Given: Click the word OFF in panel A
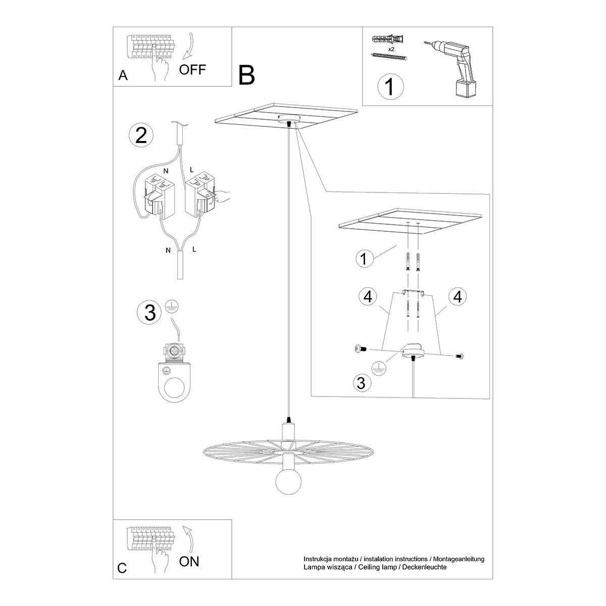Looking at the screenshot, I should tap(192, 69).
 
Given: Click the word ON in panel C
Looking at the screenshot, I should tap(189, 561).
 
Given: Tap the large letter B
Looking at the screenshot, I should tap(247, 75).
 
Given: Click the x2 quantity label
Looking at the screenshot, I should tap(391, 49).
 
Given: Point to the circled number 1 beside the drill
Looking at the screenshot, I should tap(391, 86).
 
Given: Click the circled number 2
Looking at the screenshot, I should tap(141, 135).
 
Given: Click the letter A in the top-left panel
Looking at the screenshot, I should tap(123, 76).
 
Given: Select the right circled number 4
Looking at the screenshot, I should tap(458, 297).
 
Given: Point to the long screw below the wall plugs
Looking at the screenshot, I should tap(389, 57).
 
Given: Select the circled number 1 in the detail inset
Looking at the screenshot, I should tap(364, 258).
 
